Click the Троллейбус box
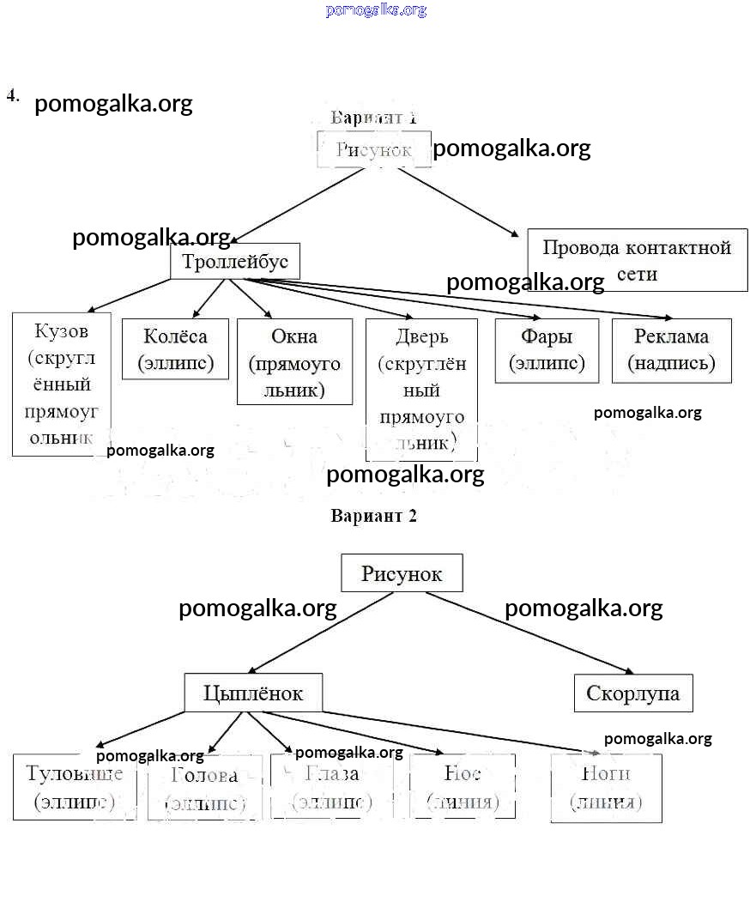pos(235,261)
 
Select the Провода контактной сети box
pos(637,260)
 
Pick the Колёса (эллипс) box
pos(176,349)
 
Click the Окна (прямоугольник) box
pos(294,362)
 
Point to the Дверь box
pos(422,389)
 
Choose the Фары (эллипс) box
pos(547,350)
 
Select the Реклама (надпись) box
pos(671,350)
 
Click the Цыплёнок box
pos(253,693)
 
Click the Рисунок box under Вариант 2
pos(402,573)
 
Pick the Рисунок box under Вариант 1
pos(373,149)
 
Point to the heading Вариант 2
pos(373,516)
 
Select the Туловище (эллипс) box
pos(75,787)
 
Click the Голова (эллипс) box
pos(204,789)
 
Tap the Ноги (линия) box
pos(606,787)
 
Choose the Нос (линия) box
pos(463,787)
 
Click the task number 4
pos(13,95)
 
